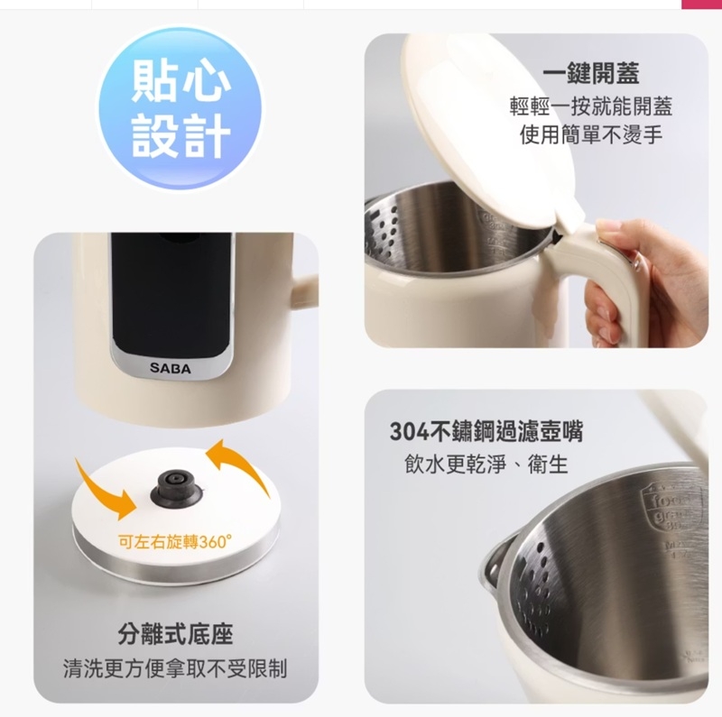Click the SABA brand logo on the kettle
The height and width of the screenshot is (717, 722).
click(x=170, y=368)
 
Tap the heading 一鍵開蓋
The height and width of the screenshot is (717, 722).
click(x=591, y=73)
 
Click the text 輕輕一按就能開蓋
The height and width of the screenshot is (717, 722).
click(x=591, y=106)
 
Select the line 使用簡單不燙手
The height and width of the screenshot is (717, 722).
click(x=591, y=135)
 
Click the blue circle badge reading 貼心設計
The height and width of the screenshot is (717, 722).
click(x=180, y=110)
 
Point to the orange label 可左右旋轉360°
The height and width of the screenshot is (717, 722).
click(x=175, y=542)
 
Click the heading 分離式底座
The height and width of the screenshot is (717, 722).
click(x=175, y=634)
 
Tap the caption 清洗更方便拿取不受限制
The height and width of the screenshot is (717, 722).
click(x=175, y=668)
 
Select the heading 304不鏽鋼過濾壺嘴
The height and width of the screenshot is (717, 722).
click(x=486, y=431)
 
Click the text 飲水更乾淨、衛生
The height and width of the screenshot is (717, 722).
click(x=486, y=464)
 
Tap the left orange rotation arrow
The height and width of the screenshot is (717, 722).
click(x=106, y=489)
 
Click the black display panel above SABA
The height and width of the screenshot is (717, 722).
click(x=171, y=295)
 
